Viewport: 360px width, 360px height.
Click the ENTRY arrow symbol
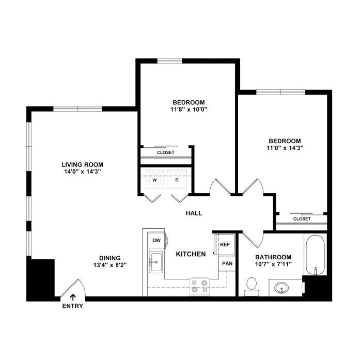click(73, 297)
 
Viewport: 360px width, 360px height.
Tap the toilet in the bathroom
click(252, 287)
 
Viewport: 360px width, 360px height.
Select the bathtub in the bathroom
click(315, 255)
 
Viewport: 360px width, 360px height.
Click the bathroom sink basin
click(281, 288)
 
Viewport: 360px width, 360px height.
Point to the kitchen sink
click(156, 262)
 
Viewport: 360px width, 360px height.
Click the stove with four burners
click(199, 287)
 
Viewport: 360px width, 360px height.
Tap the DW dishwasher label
click(156, 240)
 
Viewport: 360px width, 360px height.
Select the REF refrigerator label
click(225, 244)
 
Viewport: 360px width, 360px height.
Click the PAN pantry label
click(227, 263)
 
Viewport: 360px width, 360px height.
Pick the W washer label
click(154, 180)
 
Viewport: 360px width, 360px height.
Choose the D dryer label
click(177, 180)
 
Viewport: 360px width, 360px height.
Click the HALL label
click(194, 213)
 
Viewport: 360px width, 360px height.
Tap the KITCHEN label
click(191, 254)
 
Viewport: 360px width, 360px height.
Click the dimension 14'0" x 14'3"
click(83, 171)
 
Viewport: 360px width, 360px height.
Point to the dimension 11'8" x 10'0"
click(189, 109)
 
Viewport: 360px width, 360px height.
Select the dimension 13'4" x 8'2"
click(110, 265)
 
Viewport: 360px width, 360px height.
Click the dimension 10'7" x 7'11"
click(273, 264)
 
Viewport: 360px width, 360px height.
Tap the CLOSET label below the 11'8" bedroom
click(165, 152)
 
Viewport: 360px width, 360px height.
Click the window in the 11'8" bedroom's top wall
click(169, 61)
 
